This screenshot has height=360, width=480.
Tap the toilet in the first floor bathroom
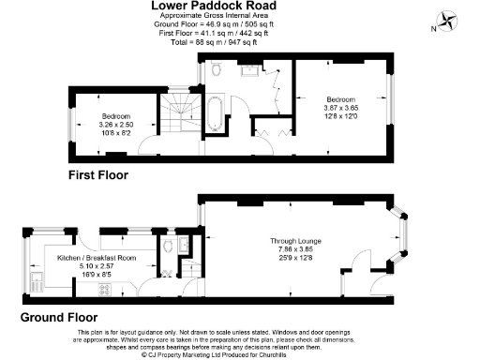point(217,70)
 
